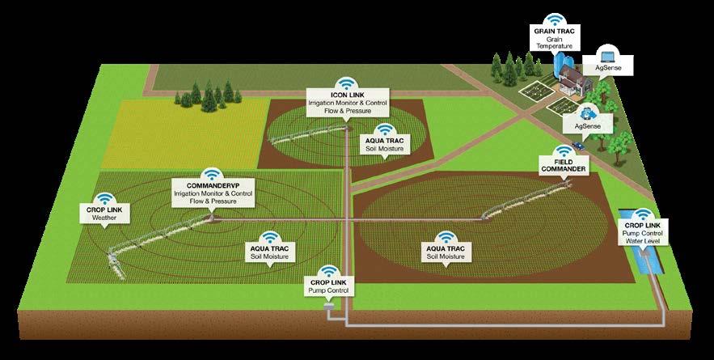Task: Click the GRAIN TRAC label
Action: (x=552, y=30)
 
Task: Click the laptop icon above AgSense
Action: (x=610, y=57)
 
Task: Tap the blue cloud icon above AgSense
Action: (x=588, y=111)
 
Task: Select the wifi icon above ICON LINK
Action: (x=345, y=83)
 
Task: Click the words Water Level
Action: (x=641, y=240)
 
